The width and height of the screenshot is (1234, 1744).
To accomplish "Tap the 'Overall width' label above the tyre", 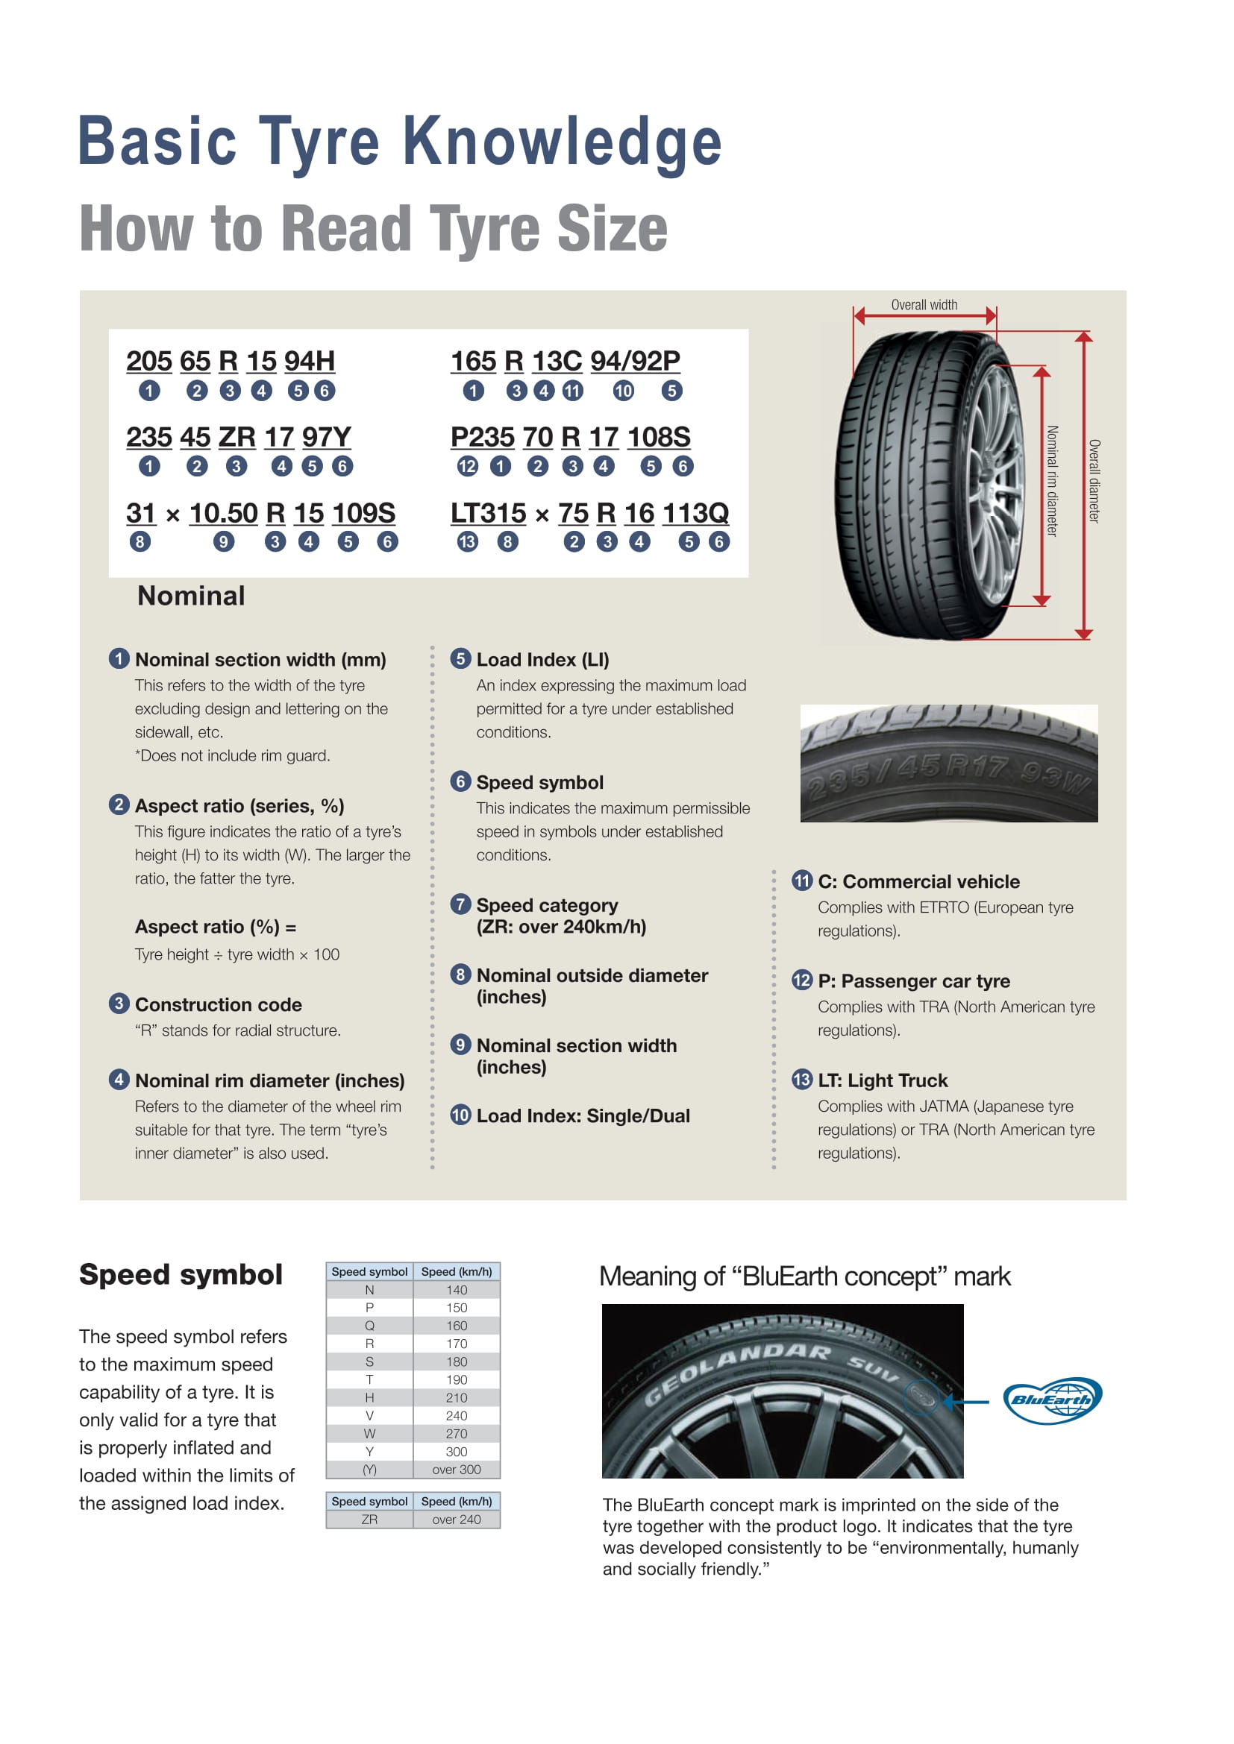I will (x=924, y=305).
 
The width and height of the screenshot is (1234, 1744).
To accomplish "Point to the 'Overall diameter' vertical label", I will (x=1094, y=481).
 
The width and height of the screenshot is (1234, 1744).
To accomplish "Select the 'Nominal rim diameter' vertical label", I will (x=1052, y=481).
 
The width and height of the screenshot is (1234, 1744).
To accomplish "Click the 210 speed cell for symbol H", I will (x=456, y=1397).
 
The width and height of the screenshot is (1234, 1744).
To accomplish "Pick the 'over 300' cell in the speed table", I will (x=456, y=1470).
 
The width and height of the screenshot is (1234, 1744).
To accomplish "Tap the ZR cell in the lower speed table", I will (x=369, y=1519).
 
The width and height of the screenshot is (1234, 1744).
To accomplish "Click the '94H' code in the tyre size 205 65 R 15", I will (x=310, y=361).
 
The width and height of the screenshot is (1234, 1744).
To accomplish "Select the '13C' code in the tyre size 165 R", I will (x=557, y=361).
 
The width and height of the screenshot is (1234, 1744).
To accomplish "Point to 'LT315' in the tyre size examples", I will (x=488, y=513).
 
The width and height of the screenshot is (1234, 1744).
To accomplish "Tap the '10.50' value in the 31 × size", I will (x=223, y=513).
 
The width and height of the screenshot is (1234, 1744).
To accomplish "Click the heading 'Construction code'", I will (x=218, y=1004).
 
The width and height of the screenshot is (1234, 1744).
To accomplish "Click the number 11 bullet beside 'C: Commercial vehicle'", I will (x=801, y=881).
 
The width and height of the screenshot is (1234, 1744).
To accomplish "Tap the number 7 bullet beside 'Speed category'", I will (x=460, y=904).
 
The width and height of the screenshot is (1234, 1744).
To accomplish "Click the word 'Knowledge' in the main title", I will (x=562, y=142).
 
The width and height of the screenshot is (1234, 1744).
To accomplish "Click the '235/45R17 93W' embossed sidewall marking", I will (x=948, y=776).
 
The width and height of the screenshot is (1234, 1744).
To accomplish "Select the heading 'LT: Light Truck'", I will (x=882, y=1080).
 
